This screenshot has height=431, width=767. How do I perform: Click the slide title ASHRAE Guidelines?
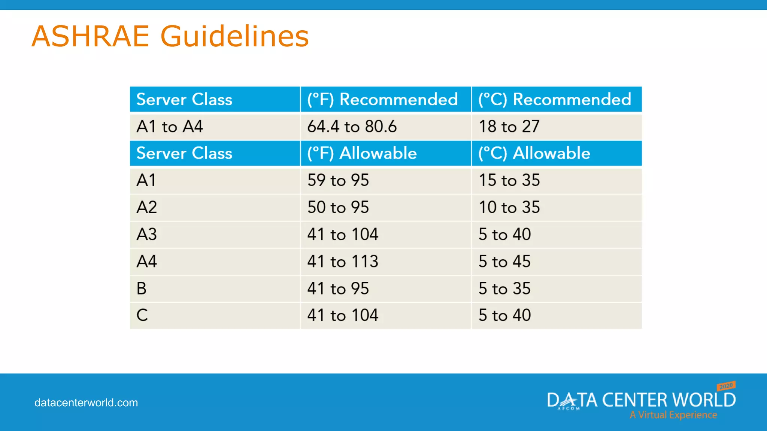[x=170, y=36]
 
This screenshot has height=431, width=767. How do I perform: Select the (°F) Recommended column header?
[x=382, y=100]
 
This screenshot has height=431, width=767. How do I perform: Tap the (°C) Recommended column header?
[x=555, y=100]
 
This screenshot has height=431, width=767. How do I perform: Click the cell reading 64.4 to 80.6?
[x=352, y=126]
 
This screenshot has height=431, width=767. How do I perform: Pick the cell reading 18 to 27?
[x=509, y=126]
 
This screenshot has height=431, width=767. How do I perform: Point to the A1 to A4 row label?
[x=170, y=126]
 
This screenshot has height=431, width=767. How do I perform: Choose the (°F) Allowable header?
[x=362, y=153]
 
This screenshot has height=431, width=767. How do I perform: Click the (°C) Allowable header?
[x=534, y=153]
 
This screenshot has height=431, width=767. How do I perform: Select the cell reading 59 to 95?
[x=338, y=180]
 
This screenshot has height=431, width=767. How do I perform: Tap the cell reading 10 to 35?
[x=509, y=207]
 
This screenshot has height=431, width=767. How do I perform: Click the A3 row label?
[x=146, y=235]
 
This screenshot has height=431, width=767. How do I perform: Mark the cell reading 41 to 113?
[x=343, y=262]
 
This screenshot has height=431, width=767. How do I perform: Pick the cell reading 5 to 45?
[x=504, y=262]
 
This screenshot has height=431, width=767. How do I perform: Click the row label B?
[x=142, y=288]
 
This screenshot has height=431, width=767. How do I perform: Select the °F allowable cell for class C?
[x=343, y=315]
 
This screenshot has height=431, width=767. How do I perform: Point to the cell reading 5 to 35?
[x=504, y=288]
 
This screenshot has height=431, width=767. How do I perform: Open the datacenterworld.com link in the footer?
[x=86, y=403]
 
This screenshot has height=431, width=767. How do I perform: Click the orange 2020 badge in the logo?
[x=726, y=386]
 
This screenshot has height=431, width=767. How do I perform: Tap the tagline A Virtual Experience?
[x=673, y=415]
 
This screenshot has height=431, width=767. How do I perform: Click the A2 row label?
[x=146, y=207]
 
